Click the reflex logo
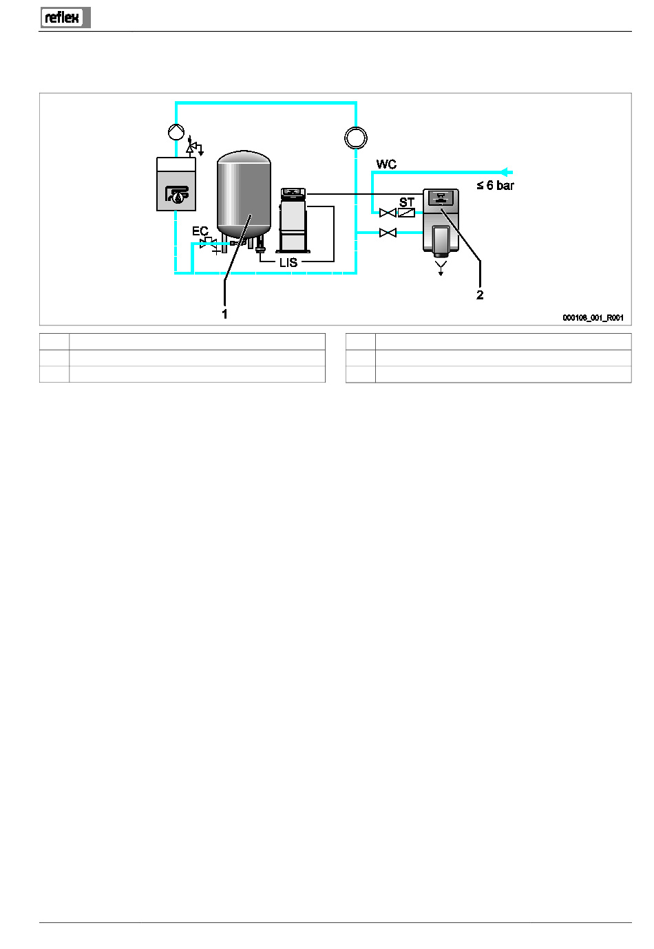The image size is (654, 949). coord(65,17)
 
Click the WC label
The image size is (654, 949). coord(386,164)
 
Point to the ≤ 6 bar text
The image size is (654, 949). coord(495,186)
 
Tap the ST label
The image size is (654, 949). coord(406,202)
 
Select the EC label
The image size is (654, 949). coord(200,231)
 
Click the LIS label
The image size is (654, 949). coord(288,263)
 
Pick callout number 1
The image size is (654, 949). coord(224,314)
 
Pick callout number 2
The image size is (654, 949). coord(479,295)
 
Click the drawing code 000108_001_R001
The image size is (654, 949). coord(593,318)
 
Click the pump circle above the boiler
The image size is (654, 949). coord(176,131)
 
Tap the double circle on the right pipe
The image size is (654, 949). coord(356,138)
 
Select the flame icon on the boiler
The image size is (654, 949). coord(177,195)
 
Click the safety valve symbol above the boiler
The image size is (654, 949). coord(194,146)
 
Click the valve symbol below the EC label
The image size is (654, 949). coord(209,244)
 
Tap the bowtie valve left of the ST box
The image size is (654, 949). coord(388,213)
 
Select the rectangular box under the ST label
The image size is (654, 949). coord(406,213)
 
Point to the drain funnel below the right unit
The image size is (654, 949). coord(441,268)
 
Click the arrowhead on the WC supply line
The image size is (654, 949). coord(504,172)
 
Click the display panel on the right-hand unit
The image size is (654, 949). coord(441,197)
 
